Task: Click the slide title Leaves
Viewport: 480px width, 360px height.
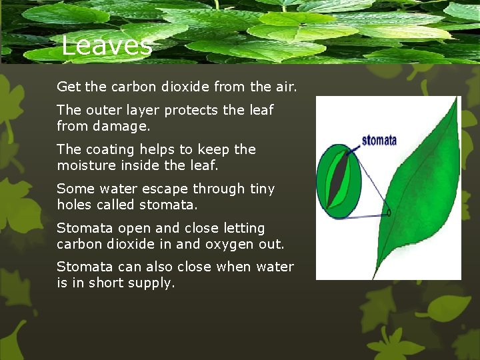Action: (107, 46)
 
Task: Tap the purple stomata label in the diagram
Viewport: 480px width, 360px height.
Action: (379, 140)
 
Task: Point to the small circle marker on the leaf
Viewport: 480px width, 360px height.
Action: (389, 214)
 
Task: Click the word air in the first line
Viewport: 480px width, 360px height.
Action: (285, 87)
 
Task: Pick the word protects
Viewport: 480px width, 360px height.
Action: (186, 110)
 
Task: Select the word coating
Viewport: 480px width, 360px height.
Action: (109, 149)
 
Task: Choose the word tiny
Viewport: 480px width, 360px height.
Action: (262, 189)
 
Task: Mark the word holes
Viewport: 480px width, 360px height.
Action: (73, 204)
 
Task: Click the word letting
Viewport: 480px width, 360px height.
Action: (243, 228)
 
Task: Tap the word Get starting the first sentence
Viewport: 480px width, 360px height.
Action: (68, 87)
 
